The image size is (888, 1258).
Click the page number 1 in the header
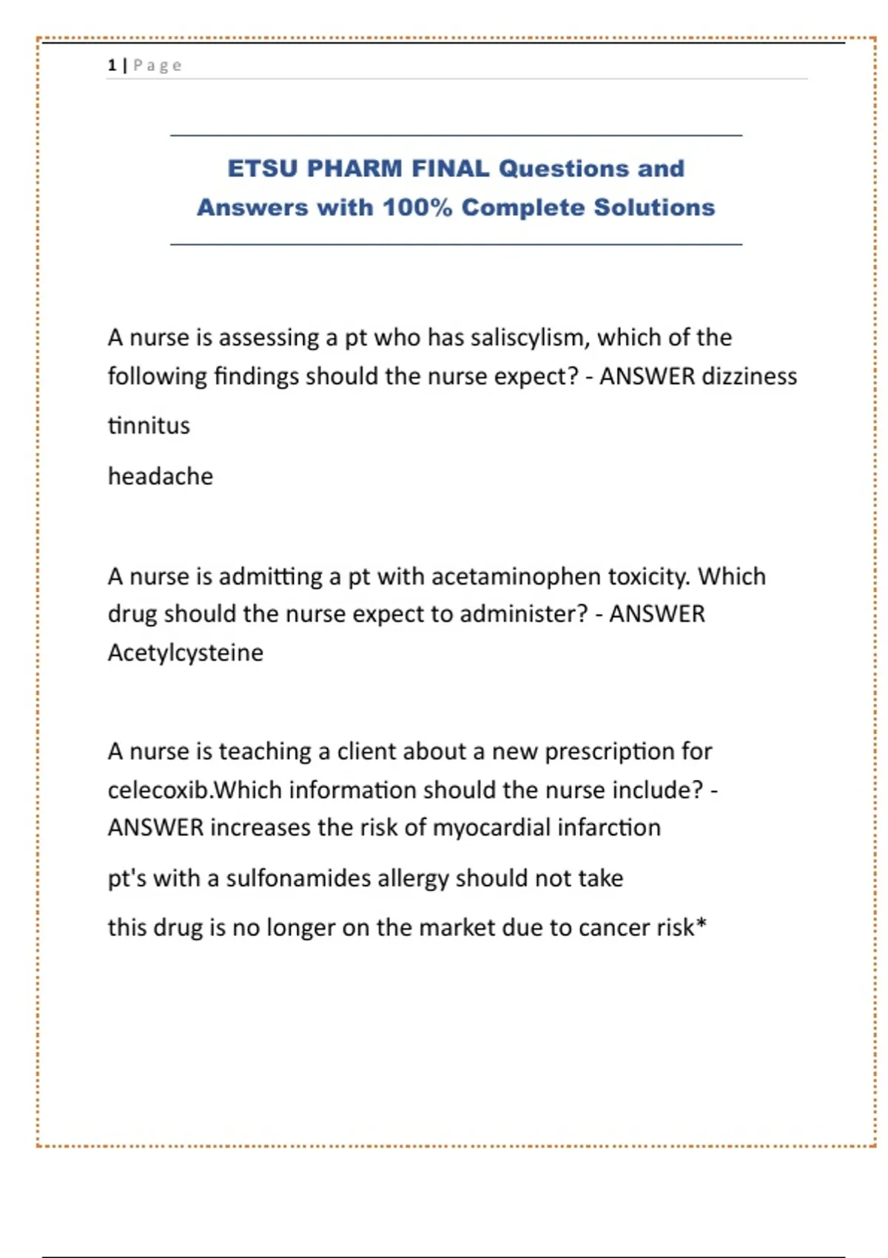(x=112, y=65)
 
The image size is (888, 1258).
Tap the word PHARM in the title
(x=354, y=169)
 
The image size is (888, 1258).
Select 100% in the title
(x=417, y=208)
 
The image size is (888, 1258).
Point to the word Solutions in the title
(x=654, y=208)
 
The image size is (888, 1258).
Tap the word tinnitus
(x=149, y=426)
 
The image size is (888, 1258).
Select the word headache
(x=160, y=477)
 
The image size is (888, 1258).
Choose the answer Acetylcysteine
(x=185, y=653)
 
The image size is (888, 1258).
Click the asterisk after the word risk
(x=702, y=925)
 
